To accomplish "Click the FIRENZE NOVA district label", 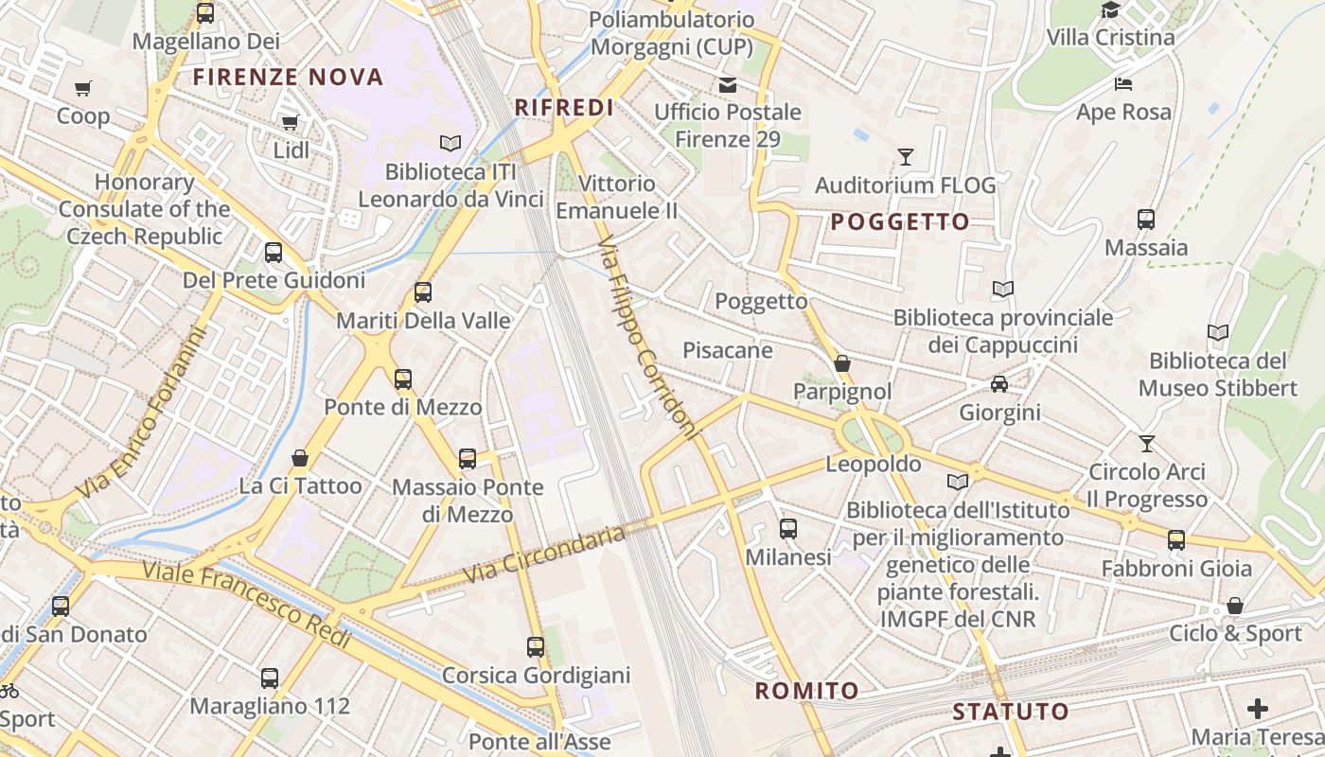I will pyautogui.click(x=289, y=78).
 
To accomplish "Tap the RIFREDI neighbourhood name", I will pyautogui.click(x=564, y=108).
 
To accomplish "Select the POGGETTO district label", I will pyautogui.click(x=900, y=222).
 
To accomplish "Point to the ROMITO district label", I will pyautogui.click(x=806, y=691).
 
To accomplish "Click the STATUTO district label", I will pyautogui.click(x=1011, y=712).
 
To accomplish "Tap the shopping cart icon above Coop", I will pyautogui.click(x=83, y=89).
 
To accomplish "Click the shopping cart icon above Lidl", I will pyautogui.click(x=290, y=122).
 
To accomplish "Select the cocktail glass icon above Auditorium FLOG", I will pyautogui.click(x=906, y=157).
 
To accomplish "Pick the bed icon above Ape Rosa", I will pyautogui.click(x=1123, y=84).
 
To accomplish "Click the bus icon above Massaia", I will pyautogui.click(x=1146, y=220).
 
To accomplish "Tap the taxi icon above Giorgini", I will pyautogui.click(x=999, y=384).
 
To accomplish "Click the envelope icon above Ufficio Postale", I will pyautogui.click(x=728, y=85).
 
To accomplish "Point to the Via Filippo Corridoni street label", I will pyautogui.click(x=648, y=339).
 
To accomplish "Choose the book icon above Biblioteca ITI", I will pyautogui.click(x=450, y=143).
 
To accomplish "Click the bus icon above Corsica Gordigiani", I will pyautogui.click(x=536, y=647).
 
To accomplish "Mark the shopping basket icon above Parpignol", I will pyautogui.click(x=842, y=363).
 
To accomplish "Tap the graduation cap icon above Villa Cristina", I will pyautogui.click(x=1110, y=9).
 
